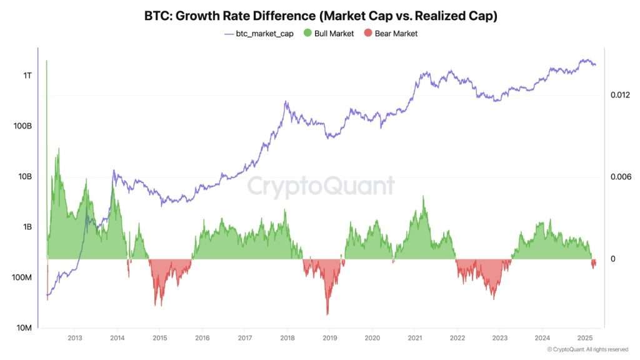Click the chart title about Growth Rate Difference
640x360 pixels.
[x=320, y=17]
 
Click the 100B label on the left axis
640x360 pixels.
[x=22, y=126]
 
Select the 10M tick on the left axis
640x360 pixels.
[x=24, y=328]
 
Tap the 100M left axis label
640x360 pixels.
[x=22, y=277]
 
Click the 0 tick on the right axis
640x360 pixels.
[x=613, y=259]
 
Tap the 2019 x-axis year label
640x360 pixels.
[x=329, y=337]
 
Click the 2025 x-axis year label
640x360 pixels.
[x=585, y=337]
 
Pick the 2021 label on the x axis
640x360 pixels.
[x=414, y=337]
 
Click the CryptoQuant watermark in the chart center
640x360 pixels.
[x=320, y=186]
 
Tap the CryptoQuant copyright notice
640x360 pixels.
[x=587, y=349]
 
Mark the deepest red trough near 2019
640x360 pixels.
[x=327, y=314]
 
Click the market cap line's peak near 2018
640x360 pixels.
[x=286, y=102]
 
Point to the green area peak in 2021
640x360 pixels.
[x=423, y=197]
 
